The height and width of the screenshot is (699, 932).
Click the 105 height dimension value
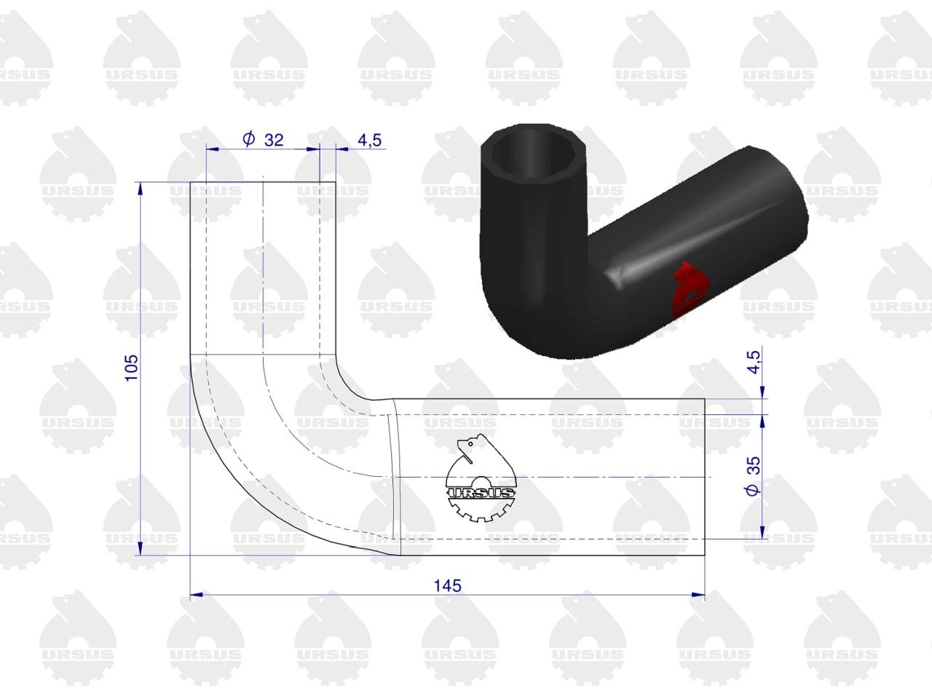tap(132, 368)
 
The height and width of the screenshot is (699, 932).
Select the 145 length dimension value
tap(447, 586)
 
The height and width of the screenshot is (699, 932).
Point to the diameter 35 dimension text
tap(753, 475)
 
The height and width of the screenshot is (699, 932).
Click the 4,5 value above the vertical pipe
tap(369, 140)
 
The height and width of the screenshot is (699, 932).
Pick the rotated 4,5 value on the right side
tap(754, 362)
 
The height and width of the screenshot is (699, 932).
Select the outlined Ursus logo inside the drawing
tap(481, 478)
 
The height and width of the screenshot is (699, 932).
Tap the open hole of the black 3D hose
tap(533, 155)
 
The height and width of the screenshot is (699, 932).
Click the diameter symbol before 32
tap(249, 138)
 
